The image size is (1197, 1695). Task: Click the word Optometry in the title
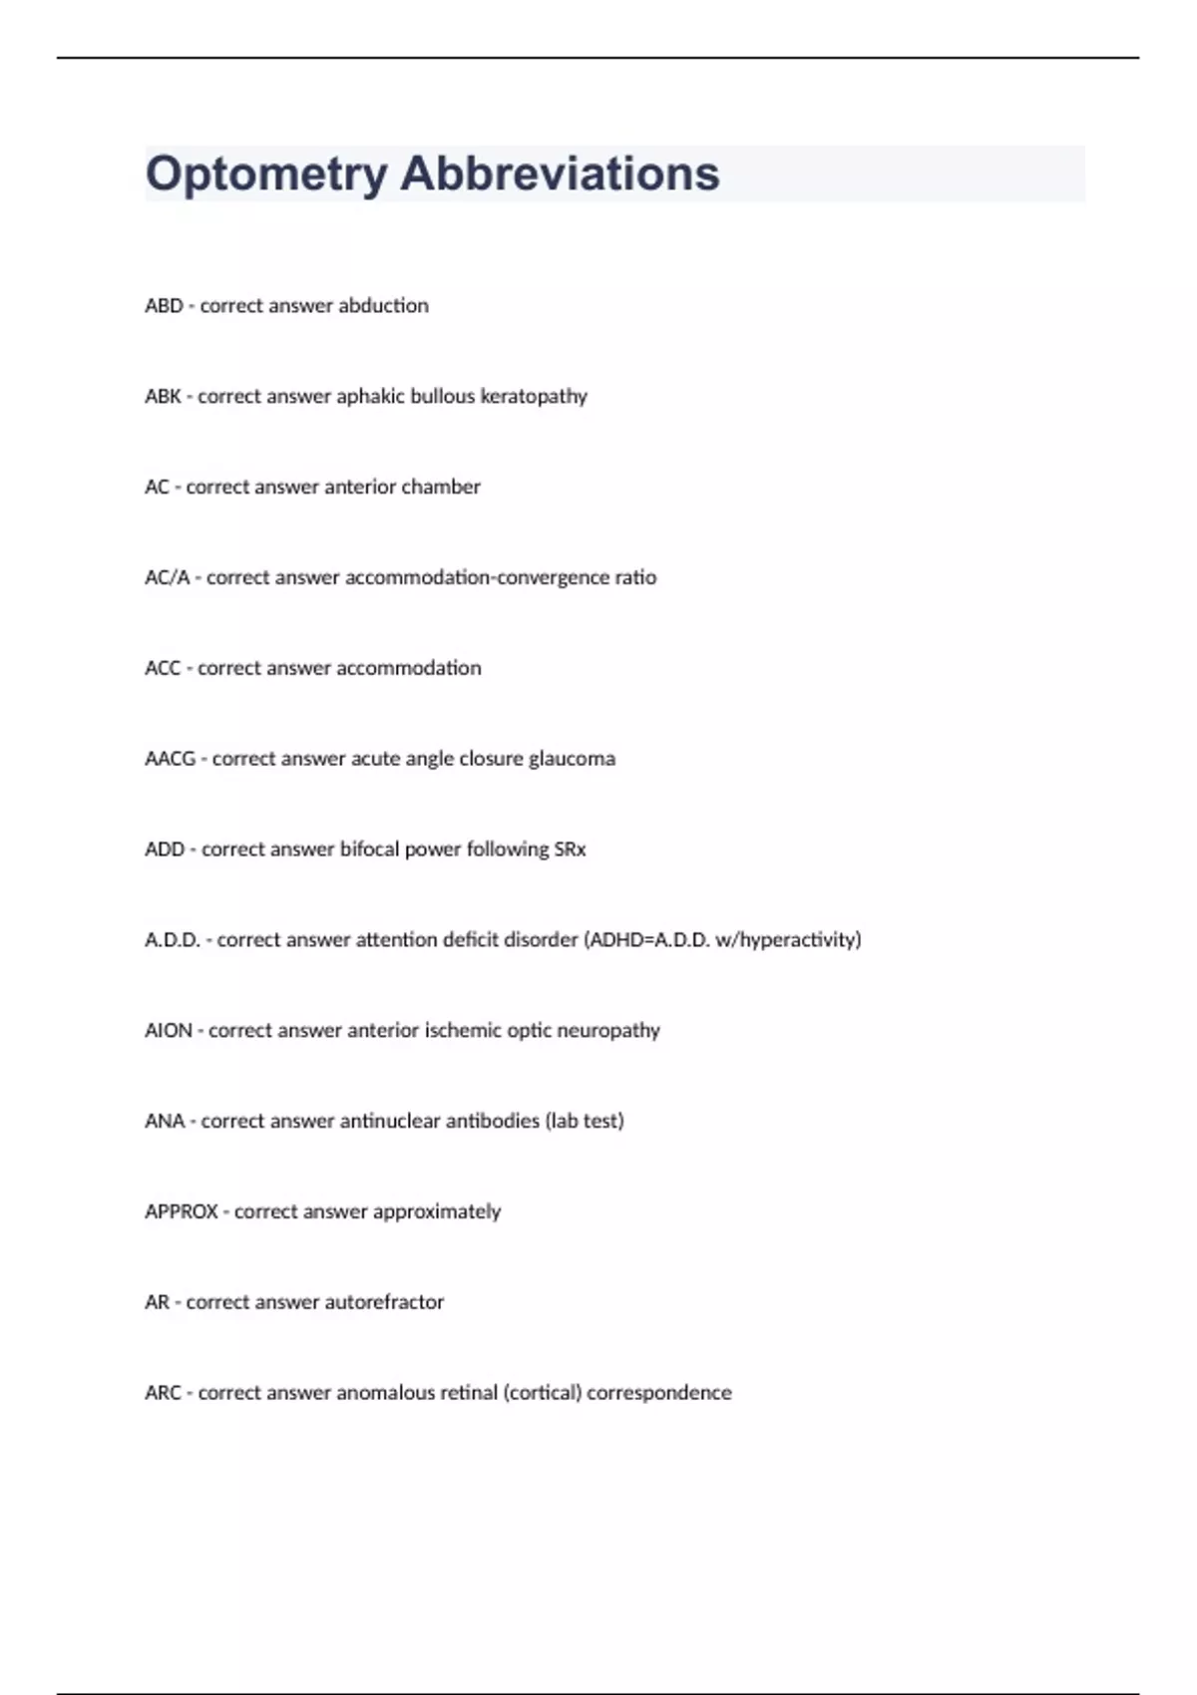[265, 174]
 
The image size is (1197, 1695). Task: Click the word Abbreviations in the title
[560, 173]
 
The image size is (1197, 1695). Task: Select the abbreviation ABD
[164, 306]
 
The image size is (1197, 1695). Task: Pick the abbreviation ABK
[163, 397]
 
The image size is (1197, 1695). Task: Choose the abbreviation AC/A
[167, 578]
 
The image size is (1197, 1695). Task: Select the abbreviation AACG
[170, 759]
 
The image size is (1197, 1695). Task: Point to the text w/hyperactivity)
[788, 940]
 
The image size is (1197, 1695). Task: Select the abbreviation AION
[169, 1031]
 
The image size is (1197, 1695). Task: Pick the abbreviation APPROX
[181, 1212]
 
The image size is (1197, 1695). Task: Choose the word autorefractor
[384, 1302]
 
